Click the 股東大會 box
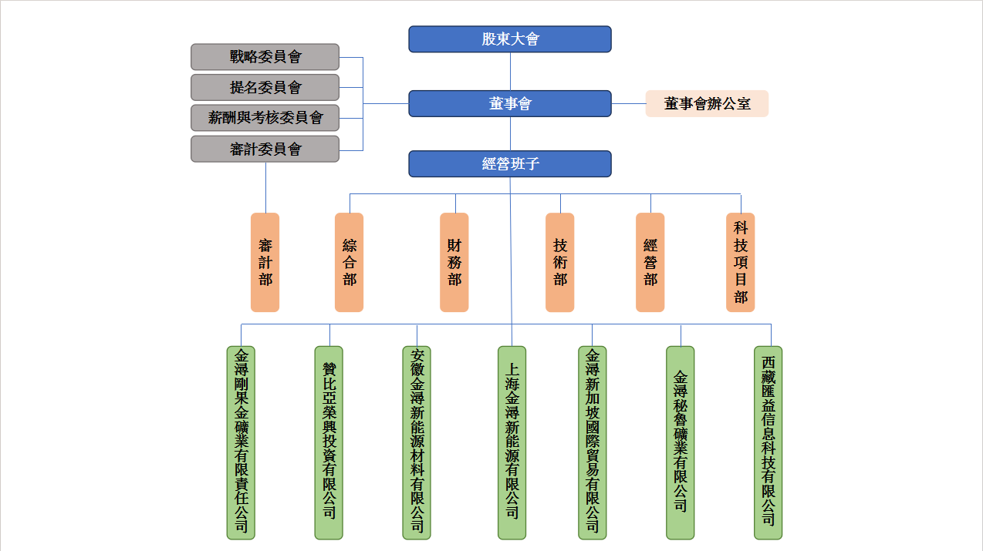pyautogui.click(x=509, y=39)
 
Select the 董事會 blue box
pyautogui.click(x=509, y=103)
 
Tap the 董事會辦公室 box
pyautogui.click(x=707, y=103)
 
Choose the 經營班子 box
pyautogui.click(x=509, y=163)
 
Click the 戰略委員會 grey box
pyautogui.click(x=265, y=57)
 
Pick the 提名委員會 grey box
pyautogui.click(x=265, y=88)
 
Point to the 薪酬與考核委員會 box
pyautogui.click(x=265, y=118)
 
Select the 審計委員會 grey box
pyautogui.click(x=265, y=149)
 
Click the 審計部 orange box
pyautogui.click(x=265, y=263)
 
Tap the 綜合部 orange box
pyautogui.click(x=349, y=263)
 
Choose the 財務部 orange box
pyautogui.click(x=454, y=263)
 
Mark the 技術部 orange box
pyautogui.click(x=559, y=263)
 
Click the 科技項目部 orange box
pyautogui.click(x=740, y=263)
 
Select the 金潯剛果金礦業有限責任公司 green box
pyautogui.click(x=241, y=442)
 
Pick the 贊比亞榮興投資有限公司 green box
pyautogui.click(x=329, y=442)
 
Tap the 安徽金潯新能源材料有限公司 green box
pyautogui.click(x=417, y=442)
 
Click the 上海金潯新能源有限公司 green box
pyautogui.click(x=512, y=442)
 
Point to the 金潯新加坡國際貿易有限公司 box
pyautogui.click(x=592, y=442)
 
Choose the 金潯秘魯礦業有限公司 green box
pyautogui.click(x=680, y=442)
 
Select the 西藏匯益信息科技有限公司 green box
pyautogui.click(x=768, y=442)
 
